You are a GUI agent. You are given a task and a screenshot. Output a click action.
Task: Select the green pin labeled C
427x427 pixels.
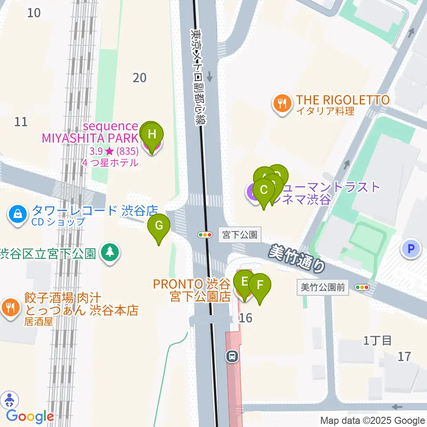pos(263,191)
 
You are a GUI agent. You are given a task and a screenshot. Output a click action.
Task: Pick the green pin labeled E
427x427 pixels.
pos(244,282)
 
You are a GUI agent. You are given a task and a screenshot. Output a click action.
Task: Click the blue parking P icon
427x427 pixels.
pos(411,249)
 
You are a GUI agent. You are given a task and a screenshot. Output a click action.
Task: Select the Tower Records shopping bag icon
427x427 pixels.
pos(17,215)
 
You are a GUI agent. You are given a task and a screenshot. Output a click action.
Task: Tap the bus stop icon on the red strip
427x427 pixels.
pos(232,356)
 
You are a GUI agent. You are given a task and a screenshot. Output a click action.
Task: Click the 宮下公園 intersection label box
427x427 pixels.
pos(240,234)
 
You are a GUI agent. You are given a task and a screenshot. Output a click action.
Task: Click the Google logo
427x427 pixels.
pos(30,417)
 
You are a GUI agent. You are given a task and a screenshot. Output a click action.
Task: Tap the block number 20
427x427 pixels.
pos(140,78)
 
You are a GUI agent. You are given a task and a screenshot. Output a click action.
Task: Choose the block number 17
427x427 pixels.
pos(404,356)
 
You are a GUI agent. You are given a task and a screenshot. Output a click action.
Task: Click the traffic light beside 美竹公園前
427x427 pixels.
pos(363,288)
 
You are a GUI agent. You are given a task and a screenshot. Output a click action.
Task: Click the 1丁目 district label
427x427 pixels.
pos(378,341)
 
